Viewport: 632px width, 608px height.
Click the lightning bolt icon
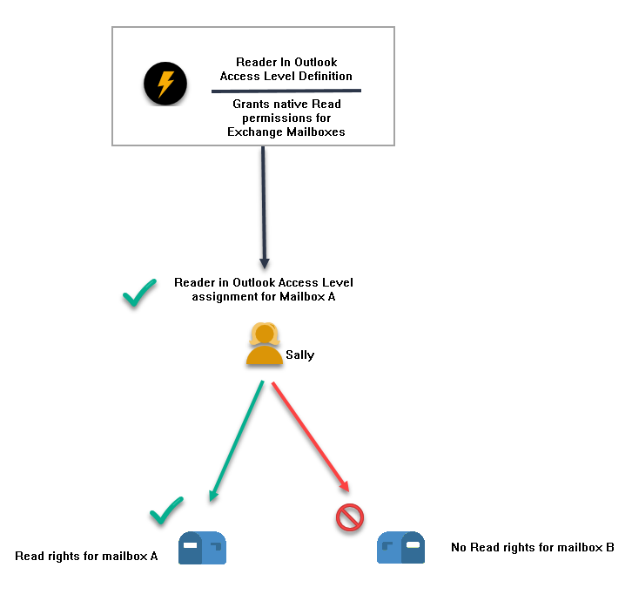click(165, 84)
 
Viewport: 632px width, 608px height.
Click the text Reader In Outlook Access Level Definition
click(286, 69)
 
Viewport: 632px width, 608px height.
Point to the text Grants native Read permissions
click(286, 111)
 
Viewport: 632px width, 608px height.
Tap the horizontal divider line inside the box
click(286, 90)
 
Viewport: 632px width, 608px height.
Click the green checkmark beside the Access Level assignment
click(139, 294)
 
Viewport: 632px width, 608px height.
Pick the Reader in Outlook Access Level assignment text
click(264, 289)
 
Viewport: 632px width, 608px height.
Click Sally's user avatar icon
click(264, 344)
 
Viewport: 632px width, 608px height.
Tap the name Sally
click(300, 355)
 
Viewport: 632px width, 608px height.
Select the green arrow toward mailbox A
click(237, 440)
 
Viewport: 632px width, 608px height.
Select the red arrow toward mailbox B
click(310, 436)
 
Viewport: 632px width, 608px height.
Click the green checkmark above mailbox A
click(166, 510)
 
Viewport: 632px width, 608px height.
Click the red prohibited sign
click(349, 518)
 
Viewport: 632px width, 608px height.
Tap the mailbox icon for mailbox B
click(400, 548)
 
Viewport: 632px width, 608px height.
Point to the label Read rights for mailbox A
click(86, 556)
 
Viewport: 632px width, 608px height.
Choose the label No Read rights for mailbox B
click(532, 548)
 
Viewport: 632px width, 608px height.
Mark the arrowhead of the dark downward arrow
click(265, 263)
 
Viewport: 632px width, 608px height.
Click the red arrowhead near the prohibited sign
click(346, 487)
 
